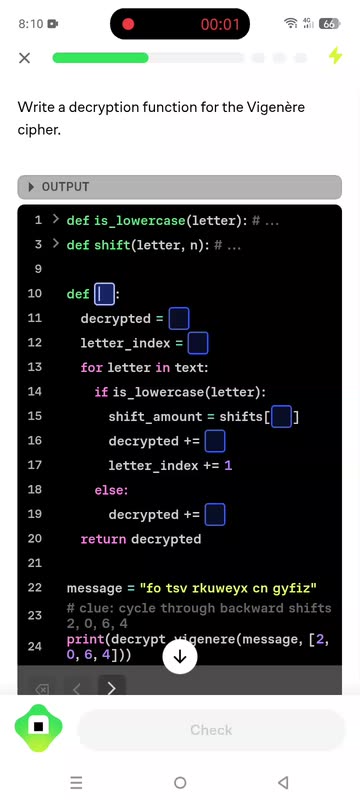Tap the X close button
pos(24,58)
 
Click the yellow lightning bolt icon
pos(336,56)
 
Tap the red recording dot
pos(128,24)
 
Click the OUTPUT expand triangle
pos(32,187)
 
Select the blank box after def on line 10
pos(104,294)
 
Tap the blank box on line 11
pos(179,319)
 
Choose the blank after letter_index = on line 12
pos(198,343)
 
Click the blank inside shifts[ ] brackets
pos(281,417)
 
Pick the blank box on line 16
pos(215,441)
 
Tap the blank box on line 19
pos(215,515)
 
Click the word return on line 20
pos(103,539)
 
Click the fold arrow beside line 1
pos(56,220)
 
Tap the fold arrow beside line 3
pos(56,244)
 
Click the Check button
pos(211,730)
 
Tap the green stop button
pos(39,726)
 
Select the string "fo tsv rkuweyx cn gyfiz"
pos(228,588)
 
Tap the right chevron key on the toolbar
pos(111,688)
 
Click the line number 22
pos(35,587)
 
